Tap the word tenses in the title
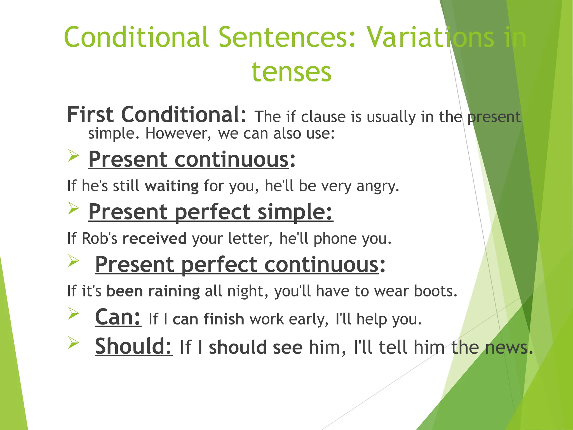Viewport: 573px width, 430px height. [x=292, y=72]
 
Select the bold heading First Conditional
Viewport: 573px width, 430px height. [x=156, y=114]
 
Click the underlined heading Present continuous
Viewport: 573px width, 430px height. [x=188, y=159]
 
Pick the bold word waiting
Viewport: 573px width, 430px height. [x=172, y=186]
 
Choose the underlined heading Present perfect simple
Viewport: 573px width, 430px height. [x=210, y=212]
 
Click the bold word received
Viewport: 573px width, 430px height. [x=155, y=239]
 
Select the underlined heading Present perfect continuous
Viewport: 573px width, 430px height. [x=237, y=265]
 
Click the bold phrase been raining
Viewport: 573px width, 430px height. [x=153, y=291]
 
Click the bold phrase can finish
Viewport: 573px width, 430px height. [x=208, y=319]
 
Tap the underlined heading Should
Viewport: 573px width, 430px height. [x=133, y=346]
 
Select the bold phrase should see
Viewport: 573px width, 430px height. [x=256, y=347]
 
